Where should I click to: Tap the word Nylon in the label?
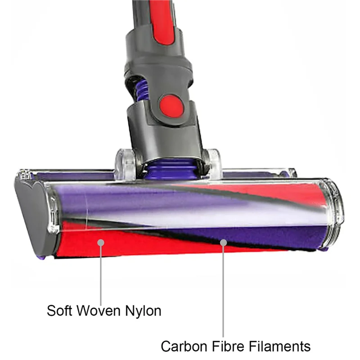tap(142, 310)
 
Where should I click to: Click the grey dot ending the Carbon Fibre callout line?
tap(222, 243)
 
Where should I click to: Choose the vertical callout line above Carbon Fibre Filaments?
tap(223, 292)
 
